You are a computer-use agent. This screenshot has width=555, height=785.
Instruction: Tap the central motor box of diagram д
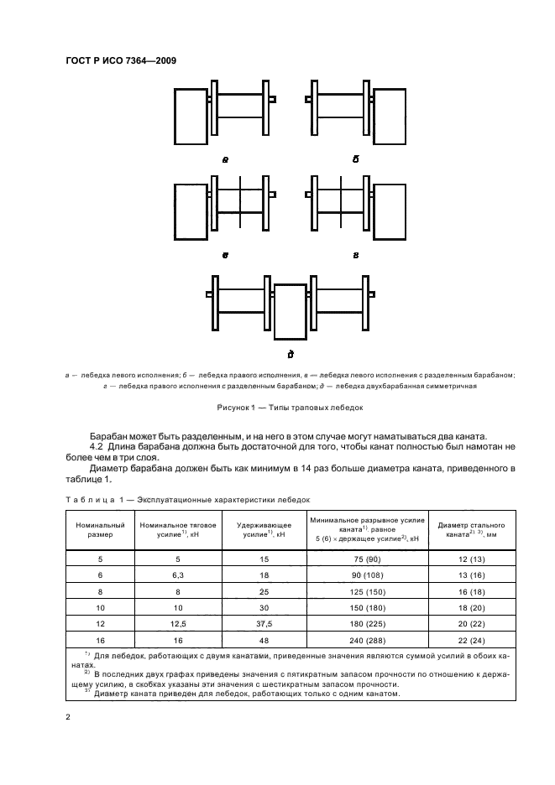(x=291, y=312)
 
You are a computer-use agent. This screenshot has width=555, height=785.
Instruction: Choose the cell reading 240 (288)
(x=366, y=639)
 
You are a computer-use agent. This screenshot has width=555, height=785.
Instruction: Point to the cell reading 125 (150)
(x=366, y=590)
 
